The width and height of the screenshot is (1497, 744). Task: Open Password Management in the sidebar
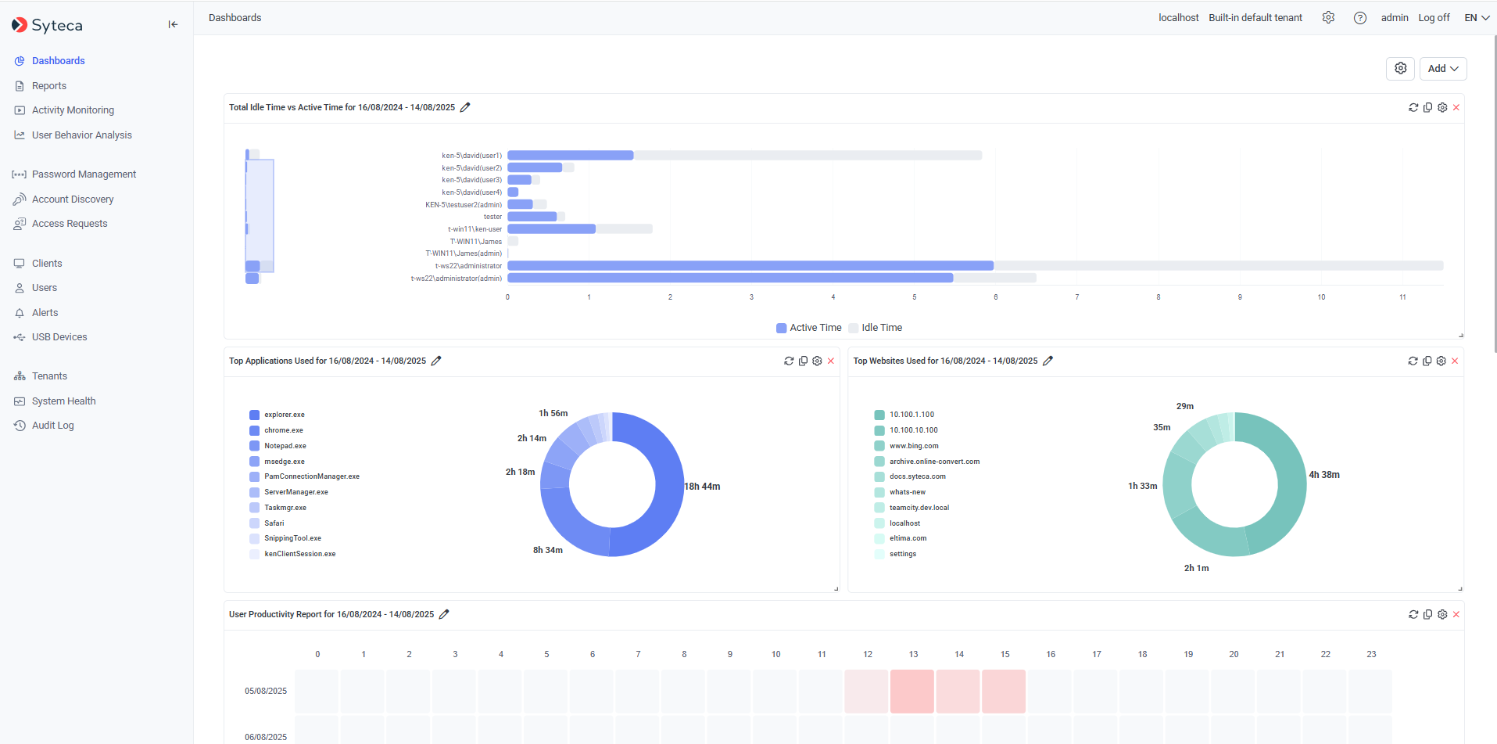click(x=84, y=174)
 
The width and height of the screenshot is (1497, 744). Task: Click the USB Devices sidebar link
click(x=59, y=337)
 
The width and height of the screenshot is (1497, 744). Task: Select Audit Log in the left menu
click(x=52, y=426)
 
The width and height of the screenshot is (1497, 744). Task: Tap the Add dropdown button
click(x=1442, y=69)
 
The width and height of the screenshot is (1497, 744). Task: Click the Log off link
click(x=1434, y=18)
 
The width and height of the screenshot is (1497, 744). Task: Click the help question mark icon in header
click(x=1360, y=18)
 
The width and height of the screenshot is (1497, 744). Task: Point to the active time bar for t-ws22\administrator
click(x=750, y=266)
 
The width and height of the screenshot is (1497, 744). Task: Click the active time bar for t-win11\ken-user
click(x=551, y=229)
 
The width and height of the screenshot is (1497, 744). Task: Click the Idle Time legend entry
click(x=881, y=328)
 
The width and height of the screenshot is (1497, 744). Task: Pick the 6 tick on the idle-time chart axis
click(x=995, y=297)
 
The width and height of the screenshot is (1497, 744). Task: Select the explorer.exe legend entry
click(x=284, y=415)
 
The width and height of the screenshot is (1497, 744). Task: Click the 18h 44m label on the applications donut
click(x=702, y=487)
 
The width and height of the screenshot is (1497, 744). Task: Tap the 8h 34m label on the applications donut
click(x=548, y=550)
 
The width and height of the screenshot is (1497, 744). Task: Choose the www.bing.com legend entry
click(x=913, y=446)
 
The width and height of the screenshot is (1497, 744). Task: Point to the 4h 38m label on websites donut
click(x=1324, y=475)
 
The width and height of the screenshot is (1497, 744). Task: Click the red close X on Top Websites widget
click(x=1455, y=361)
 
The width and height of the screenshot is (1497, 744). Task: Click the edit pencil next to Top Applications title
click(x=436, y=361)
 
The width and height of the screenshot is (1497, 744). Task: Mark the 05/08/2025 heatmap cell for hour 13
click(x=912, y=691)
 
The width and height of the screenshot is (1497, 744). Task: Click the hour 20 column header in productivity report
click(x=1234, y=654)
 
